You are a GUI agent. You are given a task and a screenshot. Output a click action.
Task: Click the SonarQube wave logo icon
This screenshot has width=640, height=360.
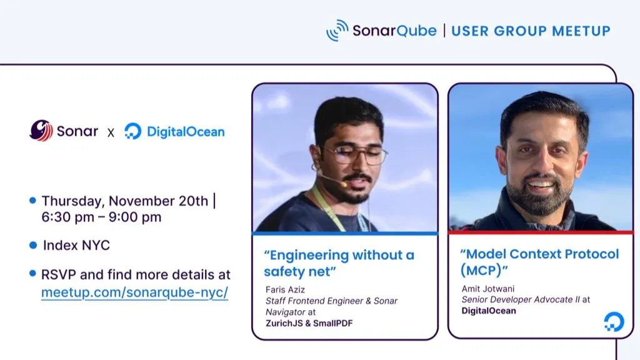coord(337,30)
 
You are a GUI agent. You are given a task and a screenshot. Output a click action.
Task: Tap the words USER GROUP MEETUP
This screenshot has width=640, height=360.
coord(531,31)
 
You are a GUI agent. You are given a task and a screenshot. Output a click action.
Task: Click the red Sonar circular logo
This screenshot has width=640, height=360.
coord(41,131)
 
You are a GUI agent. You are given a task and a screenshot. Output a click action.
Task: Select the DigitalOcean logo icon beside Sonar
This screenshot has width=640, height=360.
coord(132,131)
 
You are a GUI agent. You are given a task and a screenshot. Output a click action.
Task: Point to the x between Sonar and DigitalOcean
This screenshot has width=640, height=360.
coord(111,132)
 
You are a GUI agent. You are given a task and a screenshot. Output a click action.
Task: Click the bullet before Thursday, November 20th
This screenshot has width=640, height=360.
coord(32,201)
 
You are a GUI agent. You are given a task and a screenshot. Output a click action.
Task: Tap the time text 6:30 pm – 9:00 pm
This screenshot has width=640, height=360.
coord(101,217)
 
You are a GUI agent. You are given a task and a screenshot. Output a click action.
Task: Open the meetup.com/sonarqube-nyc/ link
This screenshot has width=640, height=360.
coord(134,292)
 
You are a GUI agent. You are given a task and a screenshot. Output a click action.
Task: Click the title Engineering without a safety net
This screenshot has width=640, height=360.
coord(338,262)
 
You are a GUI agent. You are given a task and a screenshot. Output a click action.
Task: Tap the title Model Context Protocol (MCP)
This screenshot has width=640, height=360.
coord(539,262)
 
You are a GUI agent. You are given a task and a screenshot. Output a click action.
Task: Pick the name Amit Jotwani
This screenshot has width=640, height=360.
coord(486,289)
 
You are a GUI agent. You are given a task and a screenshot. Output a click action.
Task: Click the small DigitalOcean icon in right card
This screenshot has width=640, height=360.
coord(613,322)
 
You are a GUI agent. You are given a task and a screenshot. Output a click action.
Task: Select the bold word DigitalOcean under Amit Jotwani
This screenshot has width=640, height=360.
coord(489,311)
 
